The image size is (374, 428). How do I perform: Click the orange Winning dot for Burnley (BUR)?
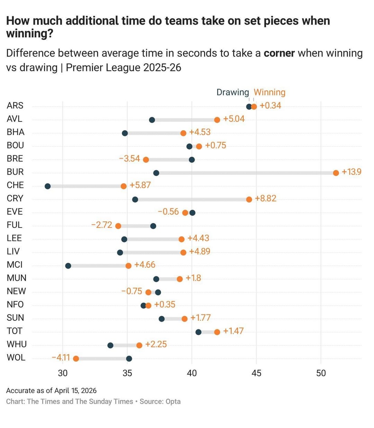pyautogui.click(x=336, y=173)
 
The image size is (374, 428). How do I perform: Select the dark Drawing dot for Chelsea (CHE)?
pyautogui.click(x=48, y=186)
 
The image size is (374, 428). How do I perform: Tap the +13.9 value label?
pyautogui.click(x=351, y=172)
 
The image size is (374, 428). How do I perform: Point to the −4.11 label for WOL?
pyautogui.click(x=61, y=357)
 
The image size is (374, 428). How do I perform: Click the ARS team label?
pyautogui.click(x=15, y=106)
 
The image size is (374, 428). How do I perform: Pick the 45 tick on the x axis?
pyautogui.click(x=256, y=373)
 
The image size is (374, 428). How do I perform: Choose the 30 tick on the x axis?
pyautogui.click(x=63, y=373)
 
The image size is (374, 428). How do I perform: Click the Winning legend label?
pyautogui.click(x=269, y=92)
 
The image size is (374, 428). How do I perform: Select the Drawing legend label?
pyautogui.click(x=232, y=92)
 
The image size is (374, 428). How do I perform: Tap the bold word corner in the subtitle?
pyautogui.click(x=279, y=53)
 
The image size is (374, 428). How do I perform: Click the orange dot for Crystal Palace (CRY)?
pyautogui.click(x=249, y=199)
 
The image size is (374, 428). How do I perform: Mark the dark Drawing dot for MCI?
pyautogui.click(x=68, y=266)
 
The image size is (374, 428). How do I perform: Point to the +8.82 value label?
pyautogui.click(x=266, y=198)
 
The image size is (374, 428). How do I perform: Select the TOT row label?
pyautogui.click(x=15, y=331)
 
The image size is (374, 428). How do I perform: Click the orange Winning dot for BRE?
pyautogui.click(x=146, y=160)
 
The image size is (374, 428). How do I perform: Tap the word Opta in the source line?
pyautogui.click(x=173, y=401)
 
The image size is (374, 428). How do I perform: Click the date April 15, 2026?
pyautogui.click(x=75, y=391)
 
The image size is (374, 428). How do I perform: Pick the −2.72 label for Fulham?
pyautogui.click(x=102, y=225)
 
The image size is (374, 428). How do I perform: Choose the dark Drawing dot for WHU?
pyautogui.click(x=110, y=345)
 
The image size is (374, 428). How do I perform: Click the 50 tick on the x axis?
pyautogui.click(x=321, y=373)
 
